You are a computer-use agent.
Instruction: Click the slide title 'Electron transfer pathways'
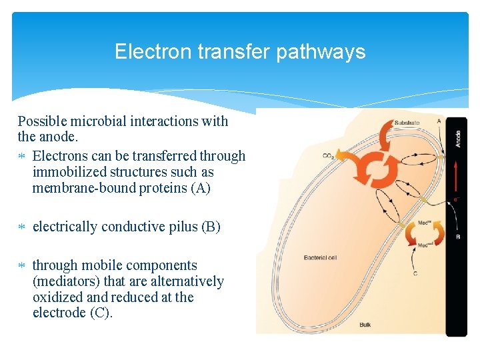pyautogui.click(x=240, y=52)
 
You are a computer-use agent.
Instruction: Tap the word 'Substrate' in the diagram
pyautogui.click(x=407, y=123)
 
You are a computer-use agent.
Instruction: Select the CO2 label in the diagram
pyautogui.click(x=328, y=157)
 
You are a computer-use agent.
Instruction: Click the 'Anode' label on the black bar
pyautogui.click(x=457, y=139)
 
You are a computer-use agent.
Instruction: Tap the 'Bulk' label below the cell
pyautogui.click(x=365, y=325)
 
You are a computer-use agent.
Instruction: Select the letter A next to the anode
pyautogui.click(x=438, y=121)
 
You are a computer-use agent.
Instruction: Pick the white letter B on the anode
pyautogui.click(x=457, y=237)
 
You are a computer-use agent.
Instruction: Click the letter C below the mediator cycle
pyautogui.click(x=415, y=273)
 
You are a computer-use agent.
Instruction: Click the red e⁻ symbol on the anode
pyautogui.click(x=457, y=199)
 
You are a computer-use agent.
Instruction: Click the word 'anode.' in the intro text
pyautogui.click(x=59, y=137)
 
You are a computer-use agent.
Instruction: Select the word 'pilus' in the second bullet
pyautogui.click(x=179, y=227)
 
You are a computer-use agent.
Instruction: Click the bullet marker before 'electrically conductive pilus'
pyautogui.click(x=22, y=227)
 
